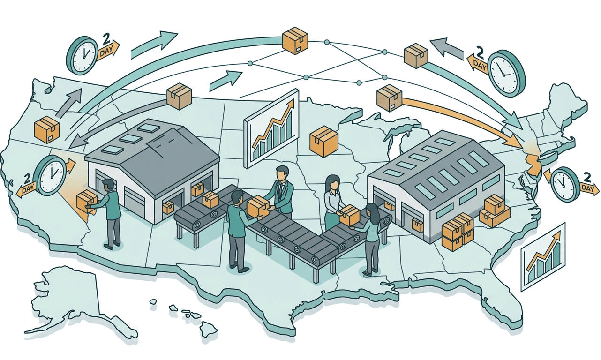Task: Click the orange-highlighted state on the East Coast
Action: click(532, 162)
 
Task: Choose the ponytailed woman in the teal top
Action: click(371, 234)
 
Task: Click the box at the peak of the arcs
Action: click(295, 39)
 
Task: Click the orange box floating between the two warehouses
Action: click(324, 140)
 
